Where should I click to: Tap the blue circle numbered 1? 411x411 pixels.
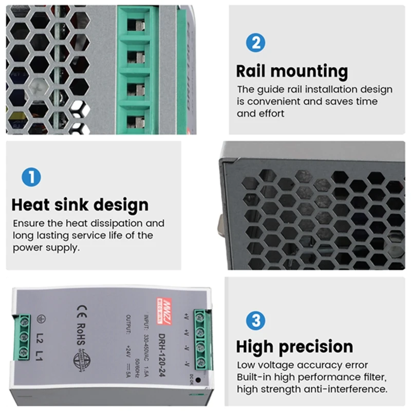coord(31,178)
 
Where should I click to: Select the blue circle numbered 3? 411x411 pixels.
coord(255,321)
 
